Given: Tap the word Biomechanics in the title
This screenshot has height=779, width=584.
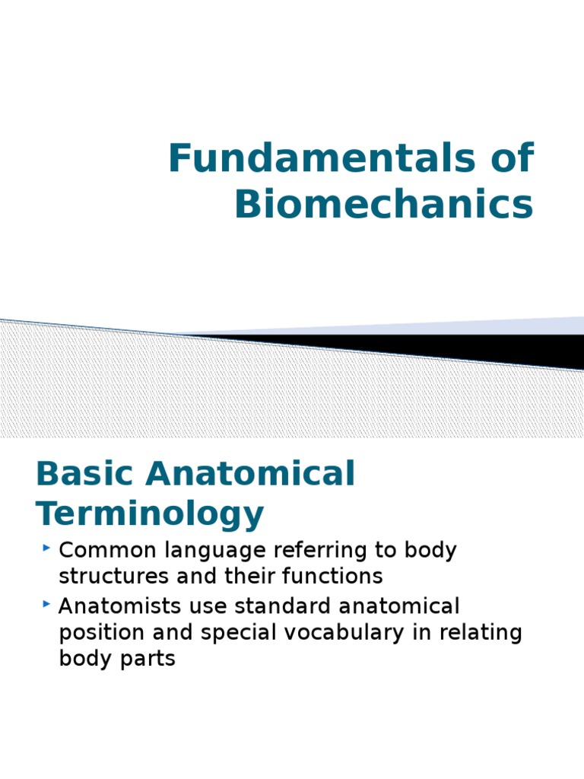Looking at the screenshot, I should tap(384, 204).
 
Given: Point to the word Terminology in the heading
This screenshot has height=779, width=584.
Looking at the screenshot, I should tap(150, 515).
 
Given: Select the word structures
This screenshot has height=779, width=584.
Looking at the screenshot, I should tap(111, 576).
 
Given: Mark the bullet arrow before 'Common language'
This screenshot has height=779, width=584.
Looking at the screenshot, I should tap(47, 547).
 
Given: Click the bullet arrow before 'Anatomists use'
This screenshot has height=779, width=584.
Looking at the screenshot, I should tap(47, 603).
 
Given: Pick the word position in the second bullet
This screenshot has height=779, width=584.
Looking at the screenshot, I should tap(97, 634).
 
